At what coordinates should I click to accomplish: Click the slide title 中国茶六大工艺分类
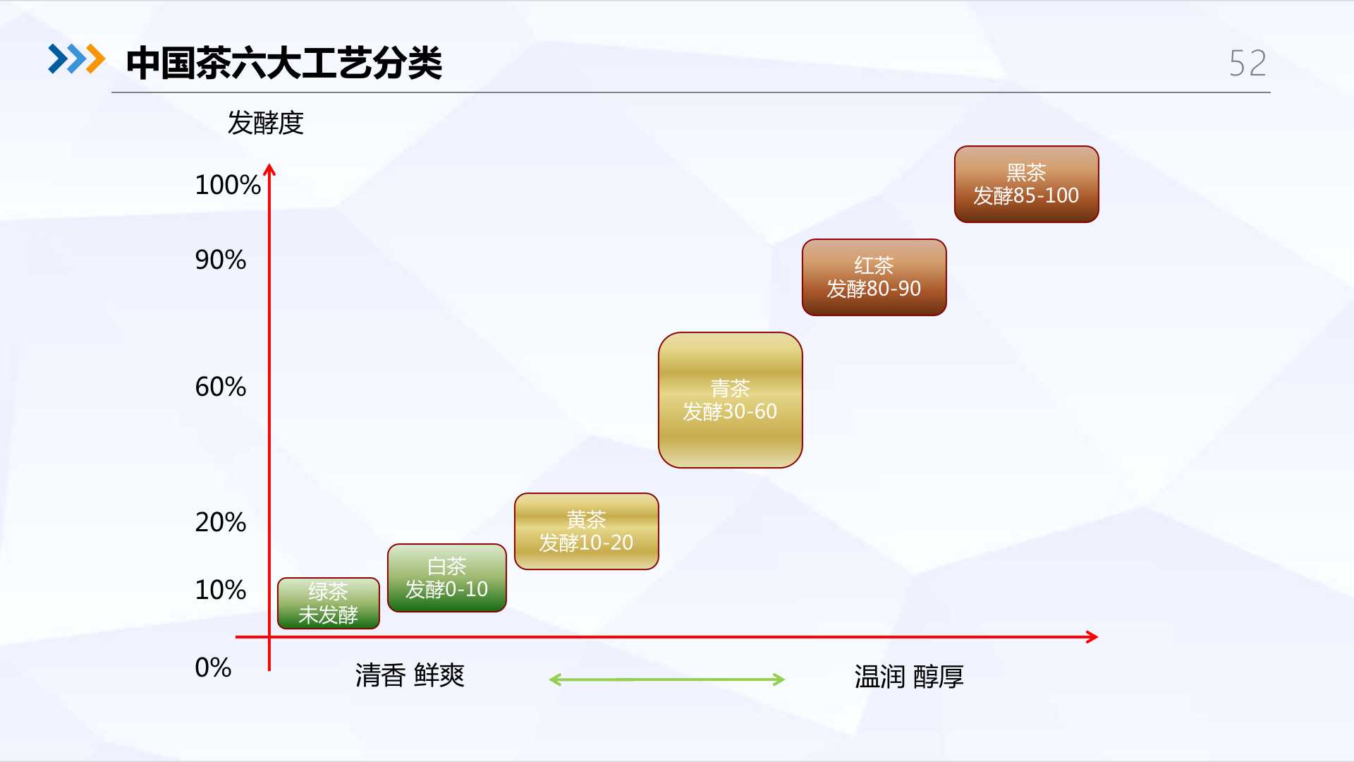[x=283, y=63]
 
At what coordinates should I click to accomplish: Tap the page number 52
[x=1248, y=64]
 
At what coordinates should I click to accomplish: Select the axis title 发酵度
[x=265, y=123]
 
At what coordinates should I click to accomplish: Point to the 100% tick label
[x=228, y=185]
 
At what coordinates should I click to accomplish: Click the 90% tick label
[x=221, y=260]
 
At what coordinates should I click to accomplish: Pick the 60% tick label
[x=221, y=387]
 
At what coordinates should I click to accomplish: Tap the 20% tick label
[x=221, y=522]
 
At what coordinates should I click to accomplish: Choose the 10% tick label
[x=221, y=590]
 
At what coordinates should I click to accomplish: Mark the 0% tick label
[x=213, y=667]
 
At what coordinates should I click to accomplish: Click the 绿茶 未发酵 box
[x=329, y=603]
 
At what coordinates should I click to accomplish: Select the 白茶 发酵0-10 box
[x=447, y=578]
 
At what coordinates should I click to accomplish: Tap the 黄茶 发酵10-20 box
[x=587, y=531]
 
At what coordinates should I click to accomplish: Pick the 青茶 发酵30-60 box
[x=731, y=400]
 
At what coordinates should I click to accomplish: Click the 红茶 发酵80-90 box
[x=874, y=277]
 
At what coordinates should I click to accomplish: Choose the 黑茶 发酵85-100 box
[x=1027, y=184]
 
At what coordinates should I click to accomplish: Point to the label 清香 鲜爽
[x=410, y=676]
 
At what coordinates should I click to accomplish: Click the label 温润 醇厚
[x=909, y=677]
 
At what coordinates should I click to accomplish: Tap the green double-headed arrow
[x=667, y=679]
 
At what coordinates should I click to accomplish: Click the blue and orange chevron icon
[x=76, y=59]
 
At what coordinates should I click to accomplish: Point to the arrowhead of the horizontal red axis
[x=1094, y=637]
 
